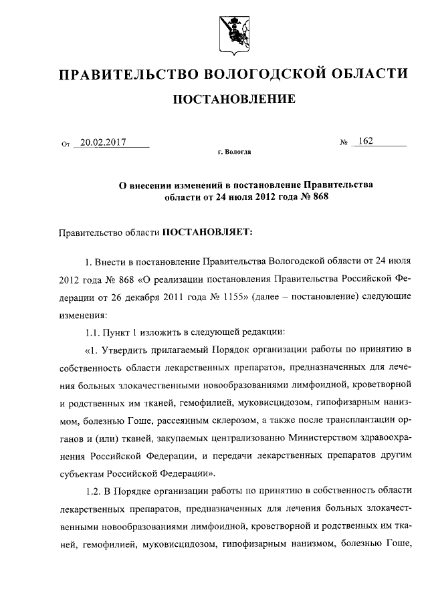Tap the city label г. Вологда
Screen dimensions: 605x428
tap(234, 152)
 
